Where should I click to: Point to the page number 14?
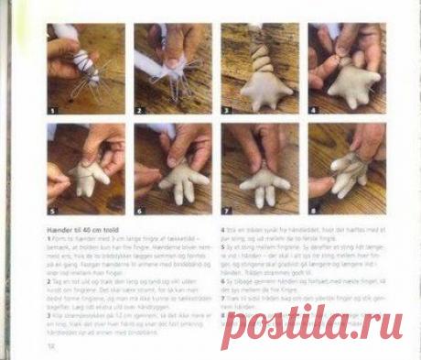52,347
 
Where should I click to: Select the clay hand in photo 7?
264,183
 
